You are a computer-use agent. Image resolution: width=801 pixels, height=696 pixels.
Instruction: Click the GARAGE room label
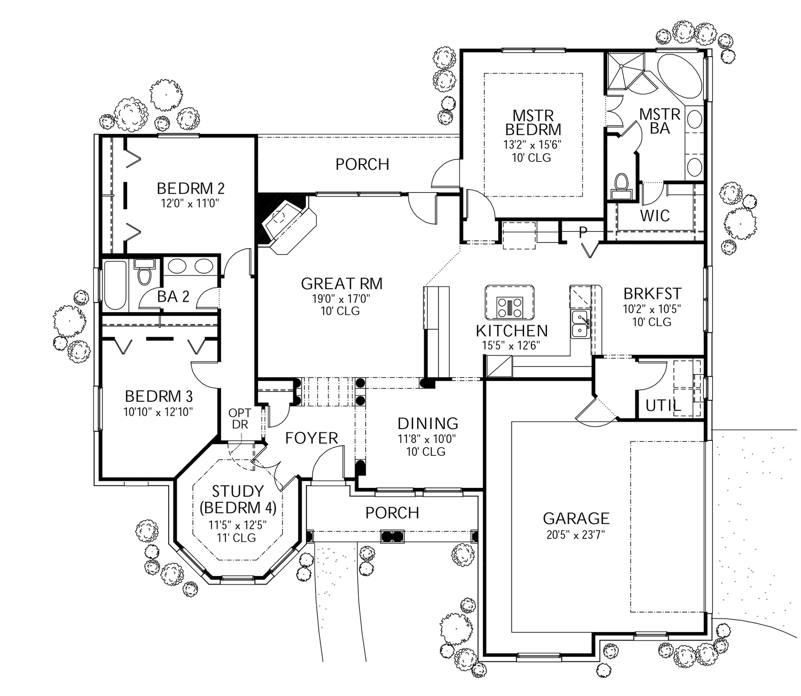coord(576,518)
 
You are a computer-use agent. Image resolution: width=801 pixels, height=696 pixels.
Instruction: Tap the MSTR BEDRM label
coord(533,123)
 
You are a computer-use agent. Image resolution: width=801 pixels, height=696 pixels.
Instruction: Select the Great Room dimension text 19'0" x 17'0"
coord(341,299)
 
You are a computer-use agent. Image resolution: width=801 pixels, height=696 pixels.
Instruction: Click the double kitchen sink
coord(580,324)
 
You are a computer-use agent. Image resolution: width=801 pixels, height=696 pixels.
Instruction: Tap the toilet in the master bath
coord(621,183)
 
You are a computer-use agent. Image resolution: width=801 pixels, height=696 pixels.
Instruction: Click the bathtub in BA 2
coord(115,285)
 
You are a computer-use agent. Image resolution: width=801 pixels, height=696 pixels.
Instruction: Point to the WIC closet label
coord(655,216)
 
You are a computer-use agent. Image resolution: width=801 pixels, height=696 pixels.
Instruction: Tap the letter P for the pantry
coord(583,232)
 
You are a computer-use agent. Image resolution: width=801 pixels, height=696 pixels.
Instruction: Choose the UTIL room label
coord(663,406)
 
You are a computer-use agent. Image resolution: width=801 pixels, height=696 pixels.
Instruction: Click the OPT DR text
coord(240,419)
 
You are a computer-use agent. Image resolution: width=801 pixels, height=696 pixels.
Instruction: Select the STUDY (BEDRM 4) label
coord(238,499)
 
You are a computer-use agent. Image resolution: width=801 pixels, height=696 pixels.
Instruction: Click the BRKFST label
coord(652,294)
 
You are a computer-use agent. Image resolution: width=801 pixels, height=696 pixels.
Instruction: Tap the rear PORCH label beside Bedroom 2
coord(362,164)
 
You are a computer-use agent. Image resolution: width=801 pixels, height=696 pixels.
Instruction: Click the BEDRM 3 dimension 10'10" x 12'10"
coord(158,412)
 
